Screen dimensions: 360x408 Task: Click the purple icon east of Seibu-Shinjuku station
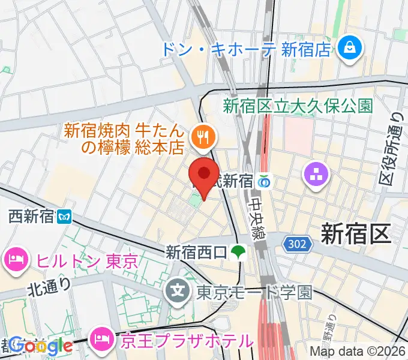[317, 175]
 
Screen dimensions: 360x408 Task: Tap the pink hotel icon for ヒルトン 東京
[16, 261]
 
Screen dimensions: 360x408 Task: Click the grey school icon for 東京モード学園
[178, 292]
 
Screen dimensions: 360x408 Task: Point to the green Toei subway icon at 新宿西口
[239, 251]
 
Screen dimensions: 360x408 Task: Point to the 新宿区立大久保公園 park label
[298, 107]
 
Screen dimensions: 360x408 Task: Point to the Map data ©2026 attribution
[358, 352]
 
